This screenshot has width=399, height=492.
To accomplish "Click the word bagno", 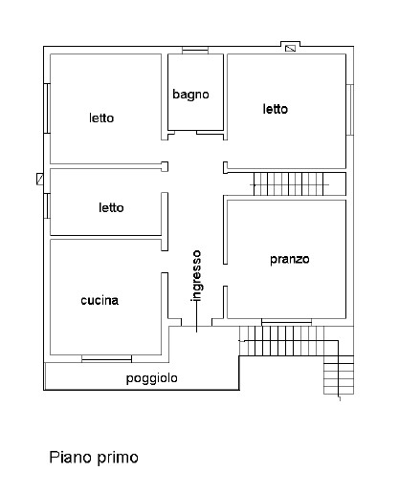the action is click(x=190, y=95).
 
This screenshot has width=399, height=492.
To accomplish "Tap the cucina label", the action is click(x=100, y=300).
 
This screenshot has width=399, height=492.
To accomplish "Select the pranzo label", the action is click(x=290, y=259).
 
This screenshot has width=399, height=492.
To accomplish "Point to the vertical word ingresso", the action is click(x=196, y=275).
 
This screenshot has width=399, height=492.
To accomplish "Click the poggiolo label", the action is click(x=152, y=378).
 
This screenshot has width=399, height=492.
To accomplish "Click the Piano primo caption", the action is click(x=94, y=458).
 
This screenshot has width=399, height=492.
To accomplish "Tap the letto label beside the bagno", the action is click(x=101, y=118).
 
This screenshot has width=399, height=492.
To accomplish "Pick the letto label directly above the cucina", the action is click(x=111, y=207).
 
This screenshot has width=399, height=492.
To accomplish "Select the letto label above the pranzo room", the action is click(x=276, y=109).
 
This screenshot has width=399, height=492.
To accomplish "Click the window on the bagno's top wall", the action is click(x=195, y=51).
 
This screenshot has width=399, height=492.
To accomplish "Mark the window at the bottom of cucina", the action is click(x=106, y=359).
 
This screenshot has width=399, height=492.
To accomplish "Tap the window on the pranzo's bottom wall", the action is click(x=286, y=322).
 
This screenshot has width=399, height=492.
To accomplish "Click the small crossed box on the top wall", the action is click(x=290, y=48).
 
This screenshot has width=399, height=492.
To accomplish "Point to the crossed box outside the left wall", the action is click(x=40, y=179).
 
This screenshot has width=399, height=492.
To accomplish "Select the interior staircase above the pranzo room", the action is click(x=289, y=184).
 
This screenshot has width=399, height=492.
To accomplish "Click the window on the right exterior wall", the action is click(x=350, y=110).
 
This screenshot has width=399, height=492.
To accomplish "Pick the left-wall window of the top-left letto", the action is click(x=47, y=108).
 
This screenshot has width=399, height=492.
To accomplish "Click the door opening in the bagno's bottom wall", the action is click(x=186, y=132).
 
